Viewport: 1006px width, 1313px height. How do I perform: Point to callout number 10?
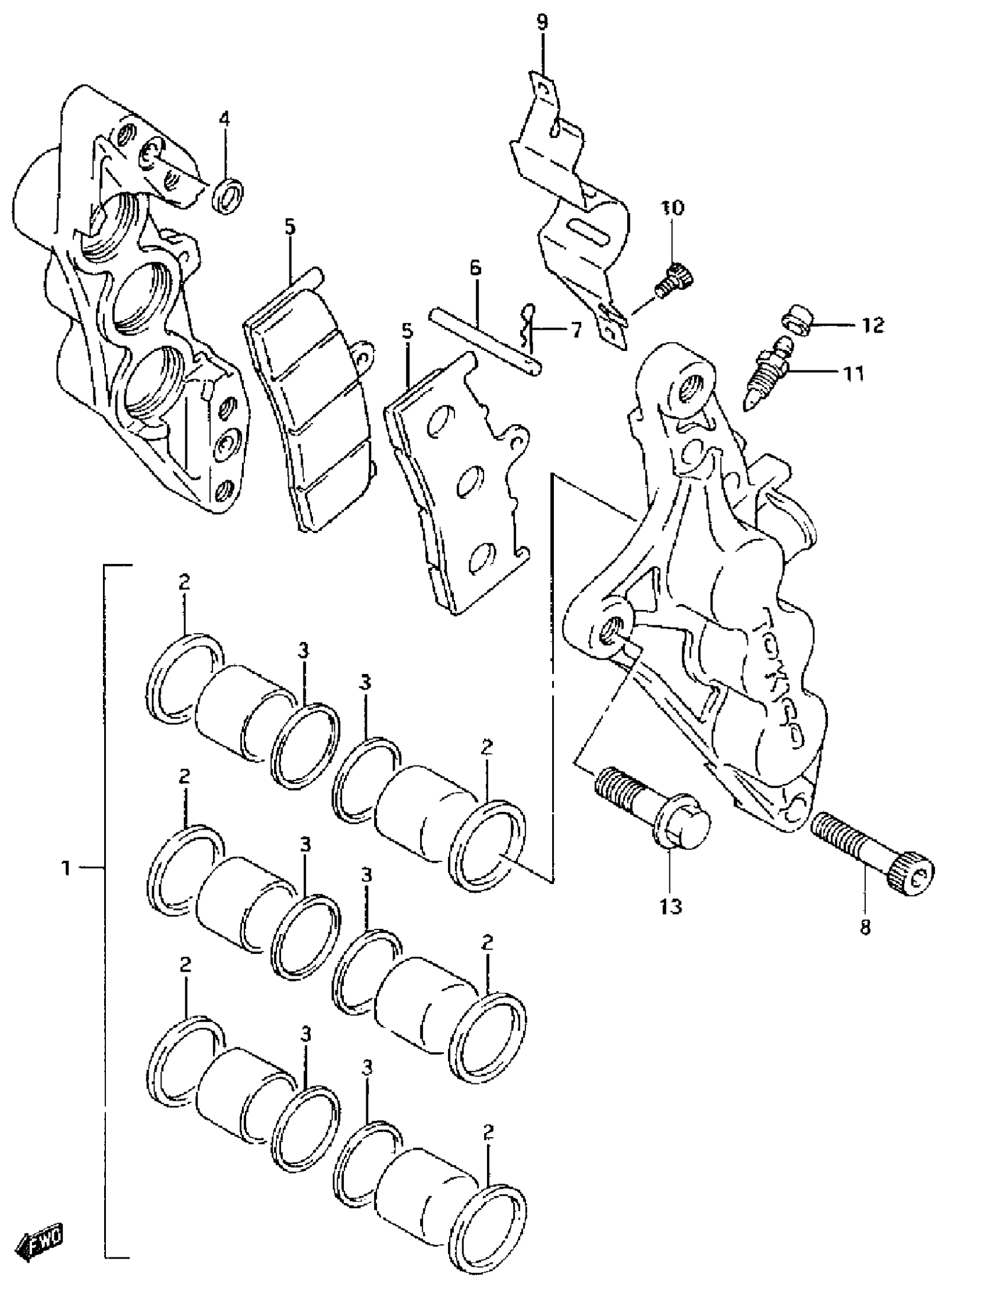(x=672, y=208)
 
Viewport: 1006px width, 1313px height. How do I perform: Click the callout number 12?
(x=873, y=325)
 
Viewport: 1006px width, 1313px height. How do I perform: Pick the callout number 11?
(x=855, y=374)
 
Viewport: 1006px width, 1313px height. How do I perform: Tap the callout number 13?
(x=671, y=906)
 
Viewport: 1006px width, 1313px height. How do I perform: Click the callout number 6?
(x=475, y=267)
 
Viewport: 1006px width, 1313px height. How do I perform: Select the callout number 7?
(x=575, y=330)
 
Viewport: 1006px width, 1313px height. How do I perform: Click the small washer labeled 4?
(x=228, y=195)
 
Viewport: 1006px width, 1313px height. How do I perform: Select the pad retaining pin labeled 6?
(x=485, y=343)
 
